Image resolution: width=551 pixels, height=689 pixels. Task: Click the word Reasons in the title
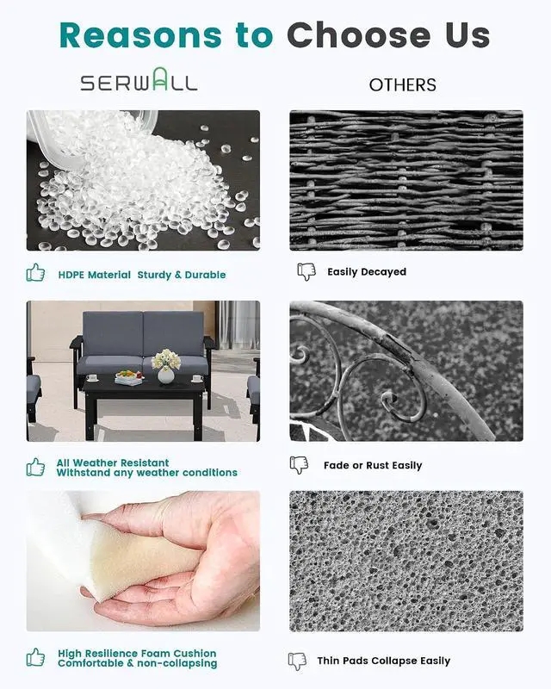[140, 35]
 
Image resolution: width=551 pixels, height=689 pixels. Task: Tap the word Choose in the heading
[359, 35]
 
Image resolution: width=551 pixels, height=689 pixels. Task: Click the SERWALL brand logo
[139, 80]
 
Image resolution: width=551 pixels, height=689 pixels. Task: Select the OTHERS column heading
[402, 84]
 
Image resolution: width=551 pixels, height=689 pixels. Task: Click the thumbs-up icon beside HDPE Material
[35, 272]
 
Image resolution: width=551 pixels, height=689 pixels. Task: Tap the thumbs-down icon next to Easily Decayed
[306, 272]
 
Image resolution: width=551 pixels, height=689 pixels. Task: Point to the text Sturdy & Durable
[182, 275]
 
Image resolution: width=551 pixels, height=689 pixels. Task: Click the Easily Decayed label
[367, 272]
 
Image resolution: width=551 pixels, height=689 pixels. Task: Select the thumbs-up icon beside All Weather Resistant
[35, 467]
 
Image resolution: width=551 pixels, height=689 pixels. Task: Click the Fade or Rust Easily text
[373, 465]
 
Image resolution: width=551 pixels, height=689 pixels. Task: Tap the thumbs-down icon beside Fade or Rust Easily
[300, 465]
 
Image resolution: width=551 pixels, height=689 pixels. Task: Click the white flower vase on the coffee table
[165, 376]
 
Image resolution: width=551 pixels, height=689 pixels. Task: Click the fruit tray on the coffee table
[129, 378]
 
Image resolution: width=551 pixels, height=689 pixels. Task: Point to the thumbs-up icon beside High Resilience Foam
[35, 657]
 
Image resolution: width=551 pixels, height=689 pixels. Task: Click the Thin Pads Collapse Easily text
[384, 661]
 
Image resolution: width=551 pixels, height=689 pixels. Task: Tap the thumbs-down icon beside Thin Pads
[298, 661]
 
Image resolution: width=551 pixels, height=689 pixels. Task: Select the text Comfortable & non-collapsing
[137, 663]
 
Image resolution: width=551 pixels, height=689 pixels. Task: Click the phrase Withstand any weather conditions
[146, 473]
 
